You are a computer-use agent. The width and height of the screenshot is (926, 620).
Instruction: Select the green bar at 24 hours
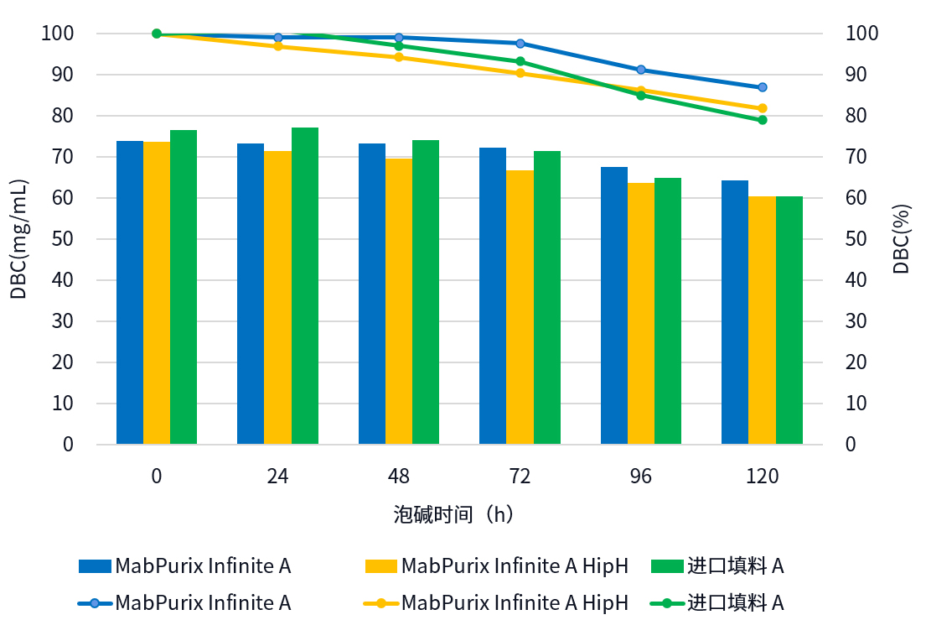click(x=305, y=285)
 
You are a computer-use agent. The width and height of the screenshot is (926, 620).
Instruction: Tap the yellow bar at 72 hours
click(x=520, y=307)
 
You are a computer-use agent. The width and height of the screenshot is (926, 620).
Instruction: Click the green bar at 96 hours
click(x=668, y=310)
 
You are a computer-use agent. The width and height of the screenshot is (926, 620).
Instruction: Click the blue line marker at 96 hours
click(x=641, y=70)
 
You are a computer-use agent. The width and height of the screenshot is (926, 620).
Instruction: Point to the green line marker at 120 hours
click(x=763, y=120)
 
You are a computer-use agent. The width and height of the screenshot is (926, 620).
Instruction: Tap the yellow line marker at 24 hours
click(x=278, y=46)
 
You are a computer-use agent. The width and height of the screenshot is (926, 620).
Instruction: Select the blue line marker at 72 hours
click(x=520, y=43)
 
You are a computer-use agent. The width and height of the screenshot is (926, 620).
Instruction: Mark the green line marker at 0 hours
click(x=157, y=34)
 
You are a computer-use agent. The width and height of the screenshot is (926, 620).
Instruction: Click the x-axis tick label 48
click(x=399, y=477)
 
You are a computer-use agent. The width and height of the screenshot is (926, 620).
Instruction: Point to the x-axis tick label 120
click(x=763, y=477)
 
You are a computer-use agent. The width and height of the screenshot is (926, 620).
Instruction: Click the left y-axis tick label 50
click(x=63, y=239)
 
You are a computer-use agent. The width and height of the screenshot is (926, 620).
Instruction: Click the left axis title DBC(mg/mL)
click(x=18, y=239)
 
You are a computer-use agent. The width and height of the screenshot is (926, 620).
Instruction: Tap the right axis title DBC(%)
click(x=902, y=239)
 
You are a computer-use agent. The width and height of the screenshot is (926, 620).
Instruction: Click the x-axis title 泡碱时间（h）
click(x=453, y=514)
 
